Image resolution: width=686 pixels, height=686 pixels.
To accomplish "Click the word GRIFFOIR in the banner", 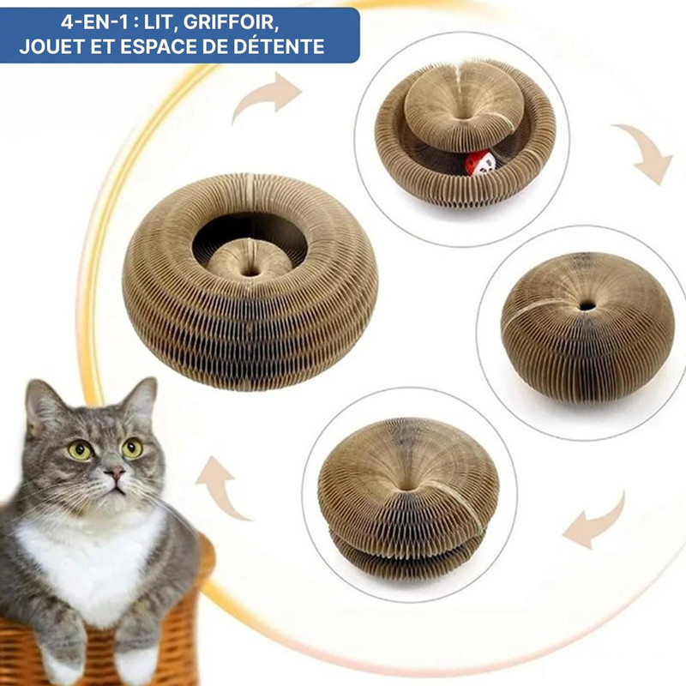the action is point(230,22).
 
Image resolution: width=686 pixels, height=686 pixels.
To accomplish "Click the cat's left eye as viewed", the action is point(80,450).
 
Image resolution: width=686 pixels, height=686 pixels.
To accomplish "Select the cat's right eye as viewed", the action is point(133,448).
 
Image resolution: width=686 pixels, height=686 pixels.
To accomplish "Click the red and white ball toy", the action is point(480,164).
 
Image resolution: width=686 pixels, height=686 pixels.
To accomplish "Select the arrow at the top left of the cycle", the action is point(267,97).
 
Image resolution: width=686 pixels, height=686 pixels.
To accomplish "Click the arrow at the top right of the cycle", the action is point(646,153).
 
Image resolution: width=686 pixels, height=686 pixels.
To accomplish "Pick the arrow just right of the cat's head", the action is point(223,488).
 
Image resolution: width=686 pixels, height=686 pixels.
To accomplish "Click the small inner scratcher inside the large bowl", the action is point(250,260).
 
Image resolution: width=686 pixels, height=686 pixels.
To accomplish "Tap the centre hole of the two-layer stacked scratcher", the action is point(406,484).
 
